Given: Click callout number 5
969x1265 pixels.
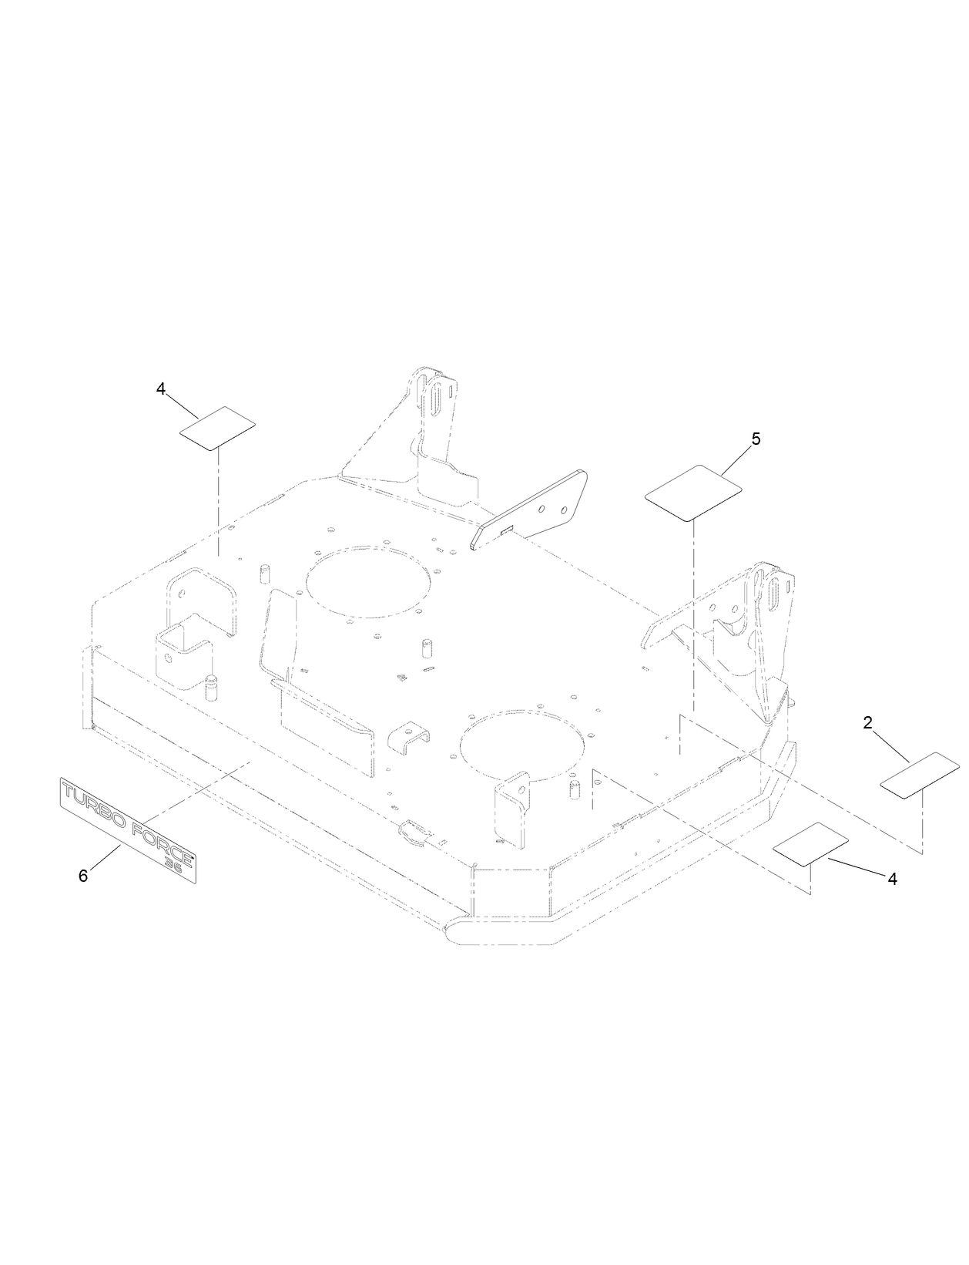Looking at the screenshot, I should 755,439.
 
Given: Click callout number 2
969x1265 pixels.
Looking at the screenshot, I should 867,723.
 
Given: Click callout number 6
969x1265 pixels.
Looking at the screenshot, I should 83,876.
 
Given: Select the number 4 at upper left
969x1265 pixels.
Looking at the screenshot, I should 160,389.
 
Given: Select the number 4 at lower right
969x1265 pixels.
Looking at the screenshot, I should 892,879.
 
